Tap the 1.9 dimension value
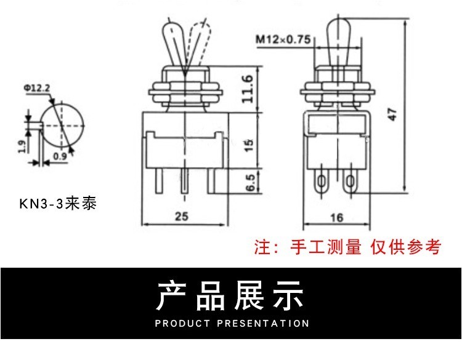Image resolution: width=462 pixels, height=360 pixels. tap(22, 146)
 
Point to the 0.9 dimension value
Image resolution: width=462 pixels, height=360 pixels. tap(60, 156)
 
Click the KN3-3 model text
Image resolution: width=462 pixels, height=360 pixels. tap(58, 203)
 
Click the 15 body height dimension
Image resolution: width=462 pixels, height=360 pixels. tap(248, 145)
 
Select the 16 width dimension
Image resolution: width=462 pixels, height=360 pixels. tap(336, 217)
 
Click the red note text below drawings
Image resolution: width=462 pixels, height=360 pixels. tap(348, 247)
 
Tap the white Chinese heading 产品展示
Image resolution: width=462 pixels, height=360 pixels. tap(231, 295)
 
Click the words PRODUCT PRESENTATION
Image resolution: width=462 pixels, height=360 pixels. tap(232, 323)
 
